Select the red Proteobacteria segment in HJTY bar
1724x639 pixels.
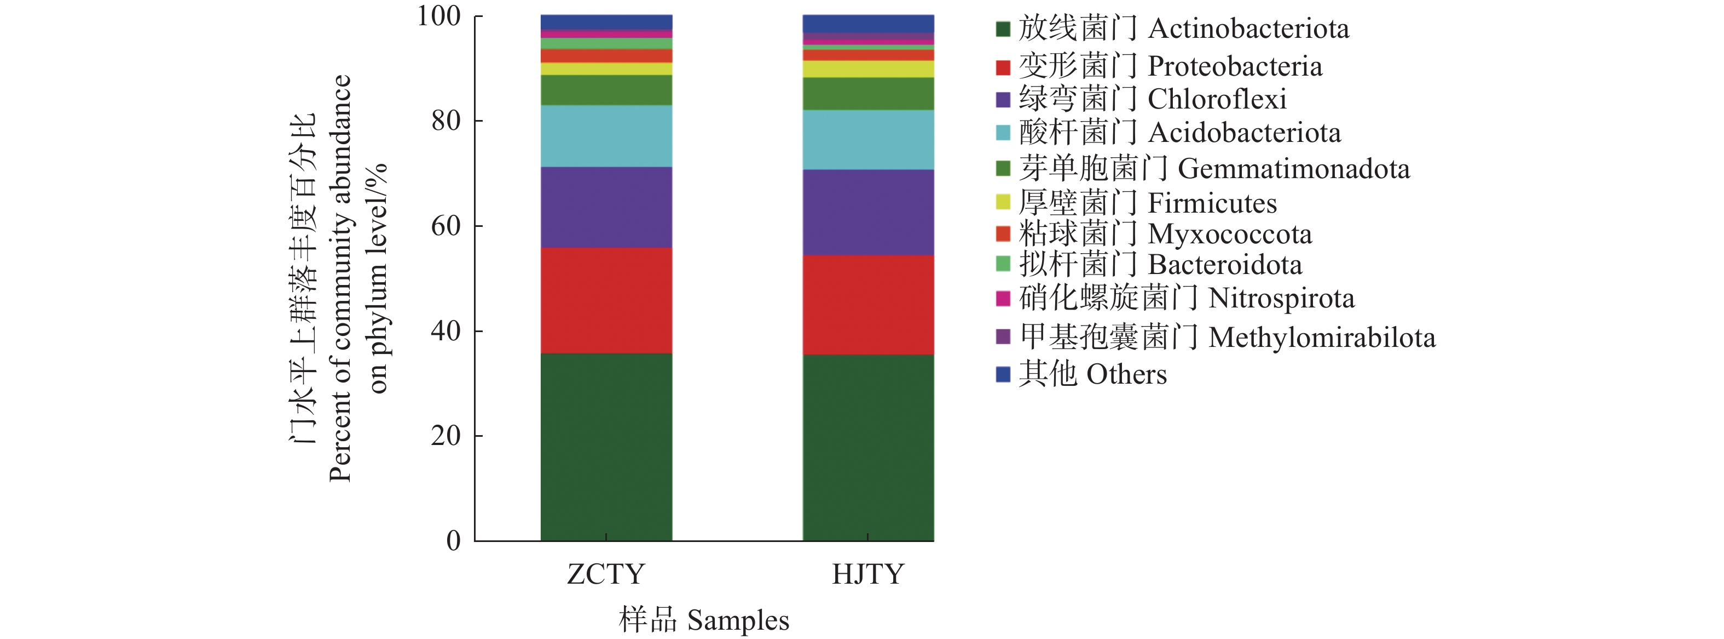tap(867, 305)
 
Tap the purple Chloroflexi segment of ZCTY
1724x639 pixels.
tap(606, 207)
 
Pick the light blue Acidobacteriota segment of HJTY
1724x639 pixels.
tap(867, 139)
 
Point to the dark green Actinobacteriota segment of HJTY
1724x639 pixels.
tap(867, 447)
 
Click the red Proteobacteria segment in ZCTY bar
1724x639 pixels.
tap(606, 300)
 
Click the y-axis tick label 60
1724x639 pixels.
tap(446, 226)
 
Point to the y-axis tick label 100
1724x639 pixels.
tap(438, 16)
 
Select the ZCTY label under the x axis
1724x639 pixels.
tap(606, 574)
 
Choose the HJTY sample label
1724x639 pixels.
tap(868, 574)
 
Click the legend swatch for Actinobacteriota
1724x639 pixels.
tap(1003, 29)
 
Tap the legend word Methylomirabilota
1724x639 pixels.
tap(1322, 338)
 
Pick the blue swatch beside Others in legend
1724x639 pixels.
tap(1003, 374)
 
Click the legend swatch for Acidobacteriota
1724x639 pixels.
tap(1003, 133)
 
